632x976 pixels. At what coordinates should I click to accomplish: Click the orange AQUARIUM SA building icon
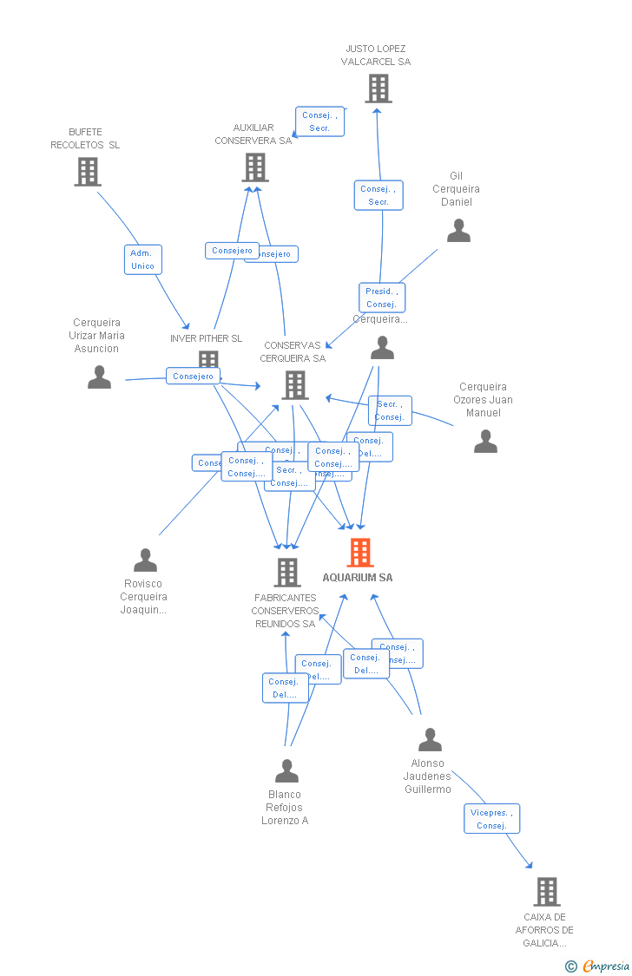359,553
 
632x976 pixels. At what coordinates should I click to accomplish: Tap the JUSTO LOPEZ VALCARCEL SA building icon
378,88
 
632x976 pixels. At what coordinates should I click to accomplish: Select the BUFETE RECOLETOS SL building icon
87,172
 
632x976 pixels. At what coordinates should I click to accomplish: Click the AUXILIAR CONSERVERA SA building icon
254,167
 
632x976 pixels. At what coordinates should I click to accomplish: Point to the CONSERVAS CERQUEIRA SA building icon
295,384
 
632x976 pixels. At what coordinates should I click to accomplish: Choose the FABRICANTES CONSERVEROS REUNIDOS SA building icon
287,572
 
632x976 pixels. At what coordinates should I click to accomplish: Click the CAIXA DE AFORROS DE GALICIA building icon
546,891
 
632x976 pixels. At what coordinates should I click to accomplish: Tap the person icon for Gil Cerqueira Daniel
458,231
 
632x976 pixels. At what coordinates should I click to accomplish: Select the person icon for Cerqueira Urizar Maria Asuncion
99,377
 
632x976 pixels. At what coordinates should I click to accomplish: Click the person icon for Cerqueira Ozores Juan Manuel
485,442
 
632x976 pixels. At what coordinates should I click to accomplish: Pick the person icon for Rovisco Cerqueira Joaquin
145,560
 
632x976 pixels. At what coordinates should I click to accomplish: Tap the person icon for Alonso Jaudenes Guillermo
430,740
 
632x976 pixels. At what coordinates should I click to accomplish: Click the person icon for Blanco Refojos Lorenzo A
286,771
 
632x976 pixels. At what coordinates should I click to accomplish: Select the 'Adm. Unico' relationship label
142,259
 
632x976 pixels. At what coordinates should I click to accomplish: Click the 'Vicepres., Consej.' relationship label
491,819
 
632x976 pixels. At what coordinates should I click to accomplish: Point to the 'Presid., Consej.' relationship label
382,298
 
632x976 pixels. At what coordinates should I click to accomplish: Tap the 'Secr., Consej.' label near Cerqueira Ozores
390,410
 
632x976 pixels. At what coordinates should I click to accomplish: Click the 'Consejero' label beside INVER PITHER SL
193,377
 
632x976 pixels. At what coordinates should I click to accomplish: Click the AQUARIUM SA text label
358,578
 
